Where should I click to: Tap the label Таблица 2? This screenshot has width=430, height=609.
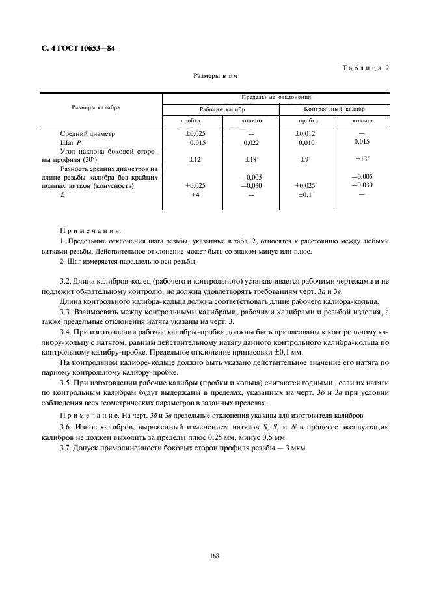[x=364, y=68]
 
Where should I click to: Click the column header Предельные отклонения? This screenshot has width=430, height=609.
[x=276, y=96]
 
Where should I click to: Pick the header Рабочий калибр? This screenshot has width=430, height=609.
[x=220, y=109]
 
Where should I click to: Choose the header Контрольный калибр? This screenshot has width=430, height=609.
[x=334, y=109]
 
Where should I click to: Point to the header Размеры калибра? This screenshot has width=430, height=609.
[x=96, y=107]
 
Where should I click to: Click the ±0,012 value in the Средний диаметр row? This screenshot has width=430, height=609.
[x=305, y=133]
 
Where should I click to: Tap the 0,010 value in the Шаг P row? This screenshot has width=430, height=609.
[x=306, y=142]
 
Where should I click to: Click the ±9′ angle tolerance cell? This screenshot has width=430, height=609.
[x=306, y=159]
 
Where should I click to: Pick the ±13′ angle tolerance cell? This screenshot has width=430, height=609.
[x=360, y=159]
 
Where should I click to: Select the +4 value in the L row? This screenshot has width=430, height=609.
[x=195, y=195]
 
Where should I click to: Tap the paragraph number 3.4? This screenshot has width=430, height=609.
[x=66, y=331]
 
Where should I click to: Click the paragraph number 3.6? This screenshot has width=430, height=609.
[x=66, y=426]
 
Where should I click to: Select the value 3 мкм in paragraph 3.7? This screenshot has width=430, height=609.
[x=295, y=448]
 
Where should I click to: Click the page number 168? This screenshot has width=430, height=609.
[x=215, y=555]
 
